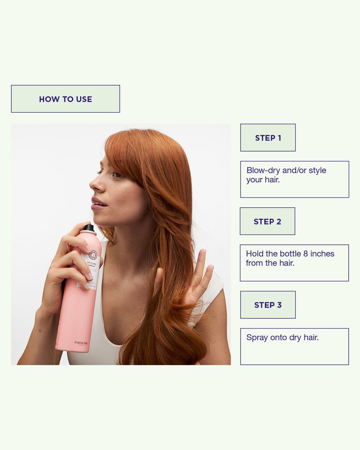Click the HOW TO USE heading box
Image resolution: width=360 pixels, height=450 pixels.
coord(65,99)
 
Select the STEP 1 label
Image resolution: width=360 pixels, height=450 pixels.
coord(268,138)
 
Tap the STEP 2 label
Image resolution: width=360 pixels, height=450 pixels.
coord(267,222)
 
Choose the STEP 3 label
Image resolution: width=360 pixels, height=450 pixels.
coord(268,305)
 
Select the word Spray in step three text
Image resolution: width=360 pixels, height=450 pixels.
coord(257,338)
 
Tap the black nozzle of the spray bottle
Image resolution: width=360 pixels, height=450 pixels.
coord(89,228)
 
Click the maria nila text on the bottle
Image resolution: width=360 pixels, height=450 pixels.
coord(81,342)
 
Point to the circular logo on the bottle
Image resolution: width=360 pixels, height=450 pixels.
coord(93,255)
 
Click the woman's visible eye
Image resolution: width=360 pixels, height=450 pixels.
coord(117,175)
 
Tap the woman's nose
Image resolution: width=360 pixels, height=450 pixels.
coord(95,184)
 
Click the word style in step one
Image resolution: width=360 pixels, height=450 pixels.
coord(317,171)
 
